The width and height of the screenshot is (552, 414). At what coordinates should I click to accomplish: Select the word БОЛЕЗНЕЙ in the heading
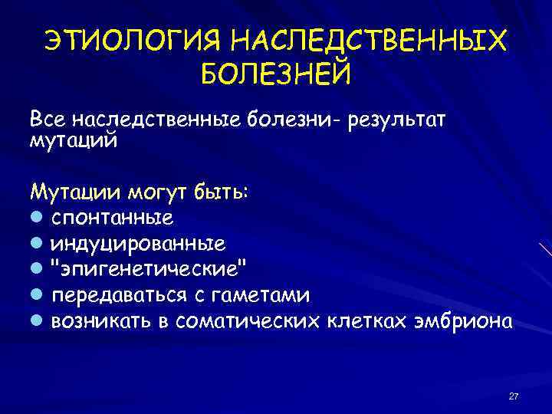coord(275,74)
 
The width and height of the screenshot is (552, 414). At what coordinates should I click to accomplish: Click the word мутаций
coord(74,140)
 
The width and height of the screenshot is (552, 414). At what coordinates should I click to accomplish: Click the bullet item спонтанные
coord(112,218)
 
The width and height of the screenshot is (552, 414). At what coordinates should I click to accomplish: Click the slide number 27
coord(514,396)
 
